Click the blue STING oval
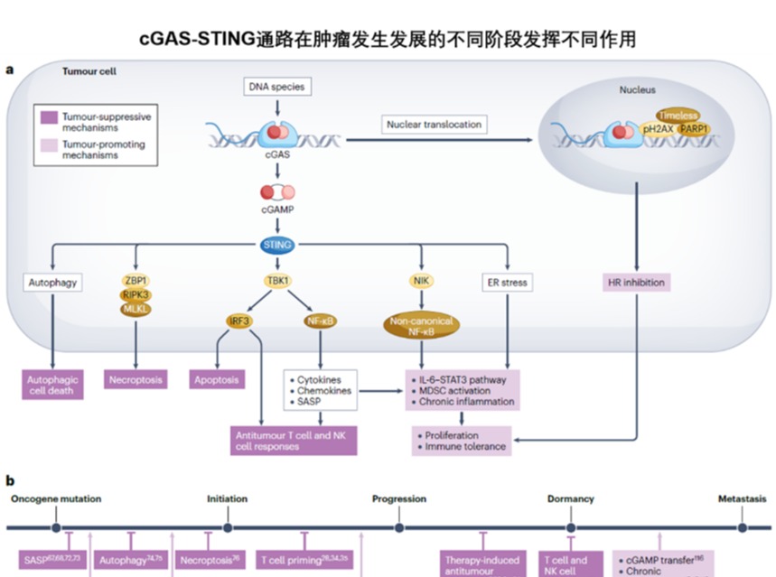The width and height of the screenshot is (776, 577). pyautogui.click(x=276, y=245)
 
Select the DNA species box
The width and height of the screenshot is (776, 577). pyautogui.click(x=276, y=87)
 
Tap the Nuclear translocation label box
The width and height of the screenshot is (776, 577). pyautogui.click(x=434, y=124)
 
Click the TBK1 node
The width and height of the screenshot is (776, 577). pyautogui.click(x=276, y=281)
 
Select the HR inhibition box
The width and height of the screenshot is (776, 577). pyautogui.click(x=637, y=283)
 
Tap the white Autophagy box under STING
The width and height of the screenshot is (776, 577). pyautogui.click(x=51, y=283)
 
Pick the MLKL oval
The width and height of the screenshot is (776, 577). pyautogui.click(x=136, y=309)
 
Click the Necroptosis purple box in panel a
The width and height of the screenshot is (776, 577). pyautogui.click(x=136, y=380)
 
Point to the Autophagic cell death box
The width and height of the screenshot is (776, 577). pyautogui.click(x=51, y=386)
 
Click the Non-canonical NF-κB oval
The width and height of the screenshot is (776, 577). pyautogui.click(x=422, y=327)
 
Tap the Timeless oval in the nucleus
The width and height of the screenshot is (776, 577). pyautogui.click(x=678, y=116)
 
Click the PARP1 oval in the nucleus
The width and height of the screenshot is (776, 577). pyautogui.click(x=693, y=130)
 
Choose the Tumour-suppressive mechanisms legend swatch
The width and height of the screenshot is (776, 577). pyautogui.click(x=49, y=117)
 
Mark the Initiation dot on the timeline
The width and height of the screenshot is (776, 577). pyautogui.click(x=227, y=528)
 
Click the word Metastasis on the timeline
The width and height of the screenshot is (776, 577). pyautogui.click(x=742, y=498)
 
